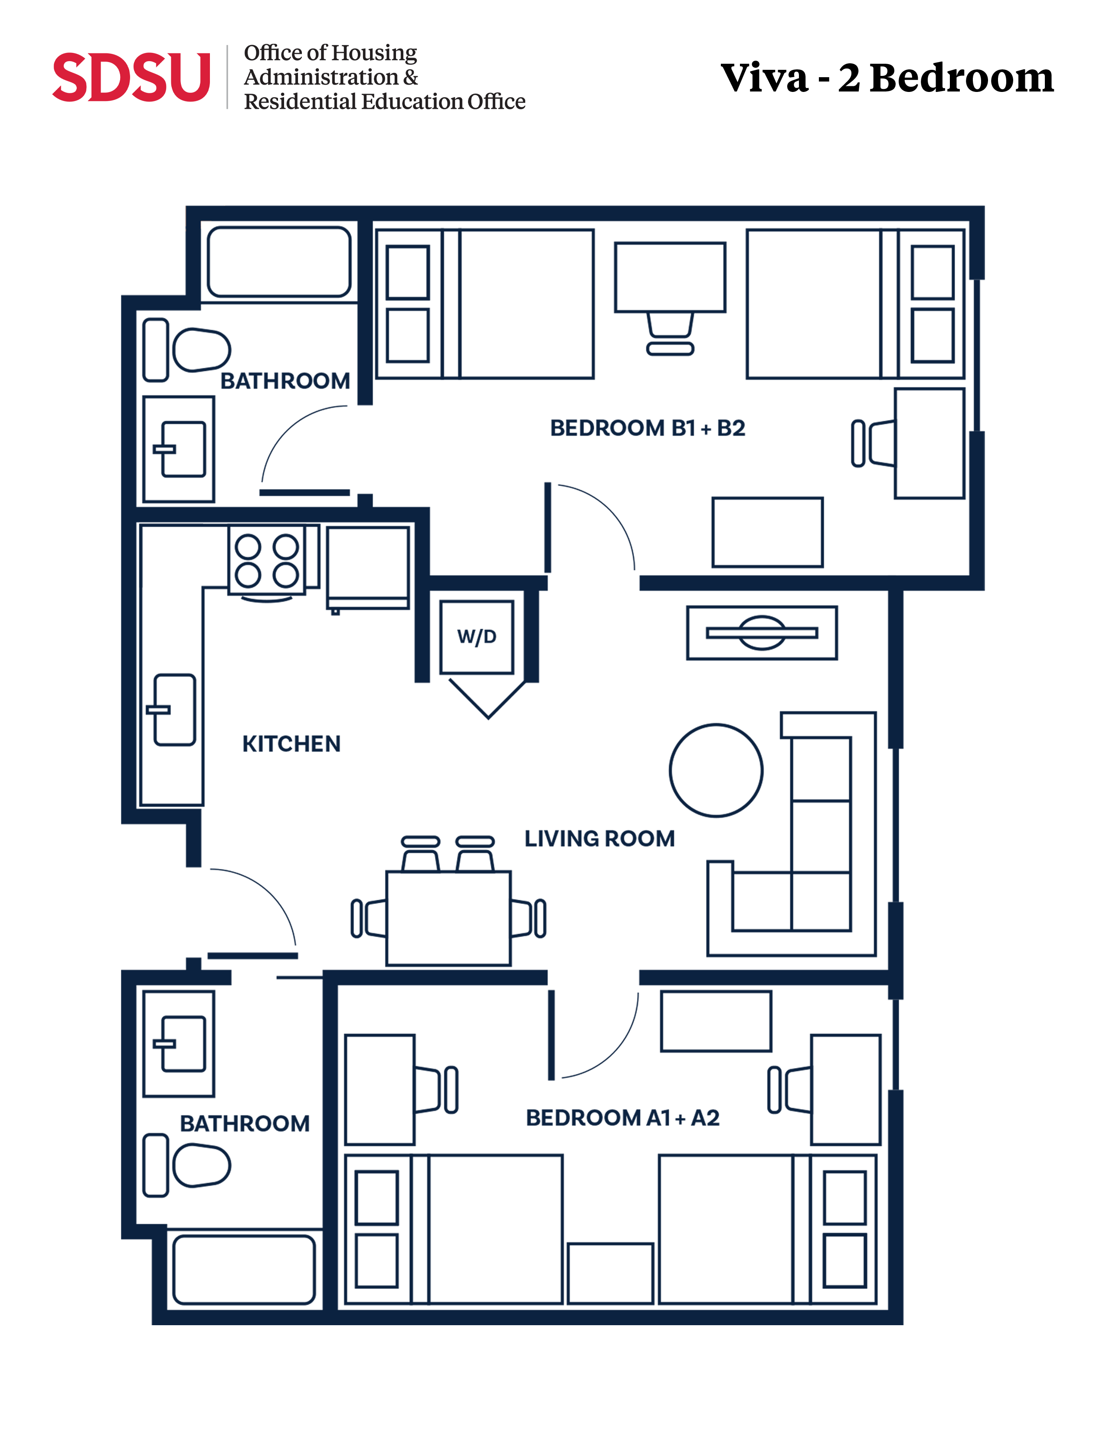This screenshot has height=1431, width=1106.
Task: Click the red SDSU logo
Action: [131, 77]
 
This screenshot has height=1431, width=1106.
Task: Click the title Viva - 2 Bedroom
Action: [887, 78]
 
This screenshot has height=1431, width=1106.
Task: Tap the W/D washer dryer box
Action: [476, 637]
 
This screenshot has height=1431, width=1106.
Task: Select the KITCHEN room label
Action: [291, 744]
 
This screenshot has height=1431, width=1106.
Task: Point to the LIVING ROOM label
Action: [599, 839]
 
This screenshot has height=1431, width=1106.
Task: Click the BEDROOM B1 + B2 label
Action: [648, 428]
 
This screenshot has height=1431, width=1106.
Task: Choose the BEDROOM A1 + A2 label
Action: [622, 1118]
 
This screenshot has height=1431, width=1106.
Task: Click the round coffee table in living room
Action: [716, 771]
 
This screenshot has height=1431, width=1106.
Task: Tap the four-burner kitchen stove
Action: [267, 561]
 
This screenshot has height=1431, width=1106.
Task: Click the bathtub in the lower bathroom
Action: [244, 1270]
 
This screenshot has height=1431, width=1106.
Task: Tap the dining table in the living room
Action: [448, 918]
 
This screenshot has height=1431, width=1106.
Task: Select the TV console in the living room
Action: [762, 633]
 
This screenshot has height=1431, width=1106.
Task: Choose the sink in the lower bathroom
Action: [179, 1044]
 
